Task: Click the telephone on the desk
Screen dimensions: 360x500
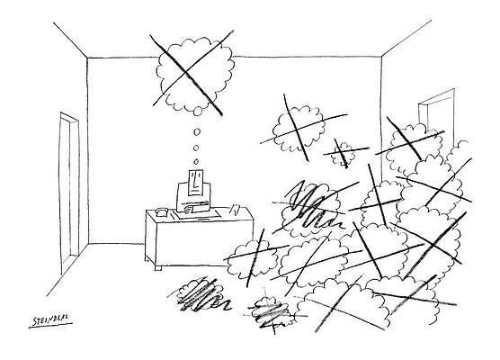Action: pyautogui.click(x=162, y=211)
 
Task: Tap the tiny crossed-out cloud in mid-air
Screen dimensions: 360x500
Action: pyautogui.click(x=343, y=153)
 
